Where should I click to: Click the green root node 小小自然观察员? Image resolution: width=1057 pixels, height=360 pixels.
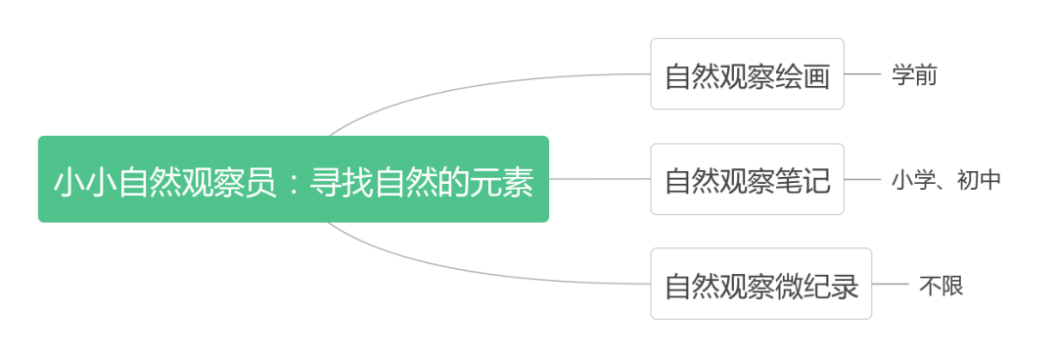click(293, 179)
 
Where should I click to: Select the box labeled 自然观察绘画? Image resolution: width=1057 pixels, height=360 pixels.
click(747, 74)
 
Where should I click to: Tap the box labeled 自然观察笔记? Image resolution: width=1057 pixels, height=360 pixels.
click(747, 179)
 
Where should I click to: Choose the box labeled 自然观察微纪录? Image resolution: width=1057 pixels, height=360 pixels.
click(760, 284)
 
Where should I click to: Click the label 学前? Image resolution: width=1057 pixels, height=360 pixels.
click(914, 74)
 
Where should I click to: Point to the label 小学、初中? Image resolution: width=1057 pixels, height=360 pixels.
click(945, 179)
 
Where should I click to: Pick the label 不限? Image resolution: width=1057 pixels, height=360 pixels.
click(941, 285)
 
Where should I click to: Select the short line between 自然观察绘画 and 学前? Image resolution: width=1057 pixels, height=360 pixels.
click(862, 74)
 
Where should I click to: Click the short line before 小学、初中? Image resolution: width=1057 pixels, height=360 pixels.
click(862, 179)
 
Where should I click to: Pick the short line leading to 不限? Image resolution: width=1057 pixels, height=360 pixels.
click(890, 284)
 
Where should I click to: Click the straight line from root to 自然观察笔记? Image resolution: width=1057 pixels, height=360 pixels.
click(599, 179)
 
